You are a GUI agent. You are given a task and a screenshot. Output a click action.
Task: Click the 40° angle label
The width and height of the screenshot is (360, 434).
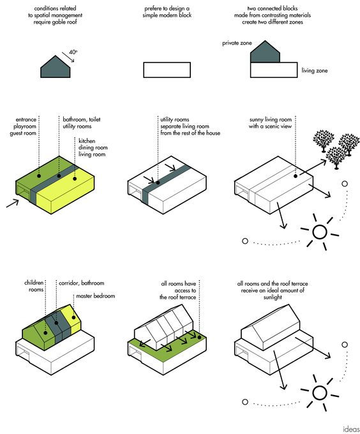(73, 52)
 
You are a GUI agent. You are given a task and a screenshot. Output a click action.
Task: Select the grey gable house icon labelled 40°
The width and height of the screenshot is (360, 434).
(56, 67)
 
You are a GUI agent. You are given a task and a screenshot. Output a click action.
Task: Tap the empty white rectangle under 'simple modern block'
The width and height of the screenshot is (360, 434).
(167, 70)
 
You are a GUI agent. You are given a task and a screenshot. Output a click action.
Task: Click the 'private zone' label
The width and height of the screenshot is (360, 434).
(237, 43)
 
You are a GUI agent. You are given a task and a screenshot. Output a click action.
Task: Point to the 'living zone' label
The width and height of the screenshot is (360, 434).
(314, 71)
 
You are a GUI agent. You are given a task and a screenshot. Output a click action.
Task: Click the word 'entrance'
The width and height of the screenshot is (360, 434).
(26, 119)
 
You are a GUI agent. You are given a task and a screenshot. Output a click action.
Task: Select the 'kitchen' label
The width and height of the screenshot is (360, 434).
(87, 140)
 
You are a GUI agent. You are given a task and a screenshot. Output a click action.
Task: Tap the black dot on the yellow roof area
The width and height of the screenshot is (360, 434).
(75, 179)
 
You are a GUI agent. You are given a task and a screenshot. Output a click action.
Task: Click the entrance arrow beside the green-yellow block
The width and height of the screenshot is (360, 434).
(13, 203)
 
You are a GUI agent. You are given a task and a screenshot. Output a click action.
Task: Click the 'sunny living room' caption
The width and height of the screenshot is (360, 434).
(271, 119)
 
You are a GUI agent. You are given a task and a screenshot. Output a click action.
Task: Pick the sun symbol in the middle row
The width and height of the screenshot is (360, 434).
(320, 232)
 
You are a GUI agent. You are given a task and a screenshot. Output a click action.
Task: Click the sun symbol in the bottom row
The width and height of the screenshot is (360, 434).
(320, 393)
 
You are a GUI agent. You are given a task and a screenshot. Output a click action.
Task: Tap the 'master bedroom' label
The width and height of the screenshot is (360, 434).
(96, 296)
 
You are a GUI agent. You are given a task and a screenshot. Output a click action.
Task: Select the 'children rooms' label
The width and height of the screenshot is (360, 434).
(34, 286)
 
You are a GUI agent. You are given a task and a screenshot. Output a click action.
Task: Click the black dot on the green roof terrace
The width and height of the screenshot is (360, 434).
(199, 338)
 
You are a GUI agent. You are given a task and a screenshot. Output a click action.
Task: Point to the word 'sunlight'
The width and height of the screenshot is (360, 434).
(273, 297)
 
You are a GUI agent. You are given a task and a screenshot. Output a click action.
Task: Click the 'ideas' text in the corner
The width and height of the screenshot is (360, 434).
(351, 429)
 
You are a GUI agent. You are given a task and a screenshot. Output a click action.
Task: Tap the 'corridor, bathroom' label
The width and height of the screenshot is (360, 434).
(81, 283)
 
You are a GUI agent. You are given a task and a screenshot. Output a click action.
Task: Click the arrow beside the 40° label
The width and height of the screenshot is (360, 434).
(68, 57)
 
